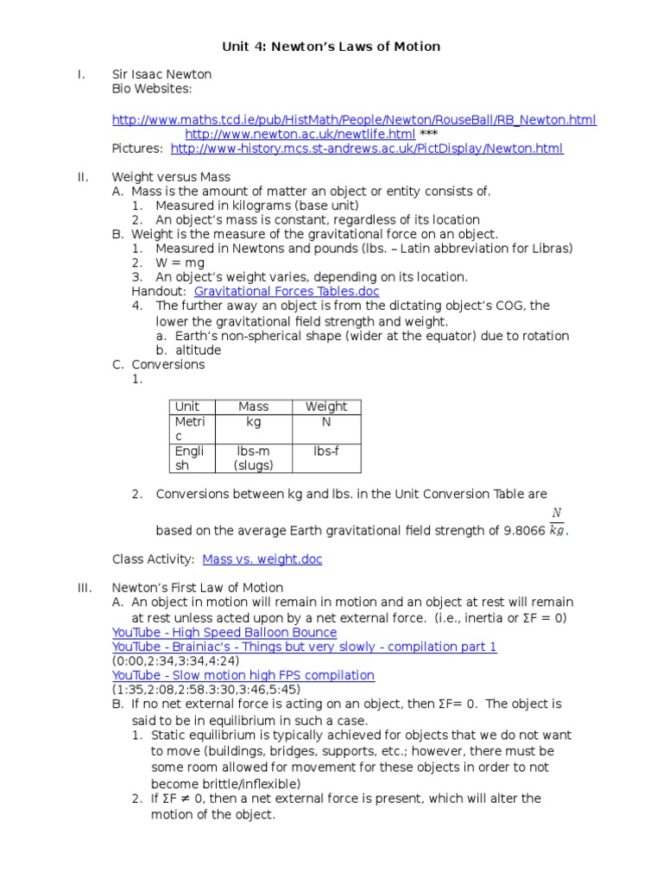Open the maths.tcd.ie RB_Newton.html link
click(x=354, y=120)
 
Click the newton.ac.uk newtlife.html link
click(x=300, y=135)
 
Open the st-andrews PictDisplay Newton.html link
click(x=367, y=148)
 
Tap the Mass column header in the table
click(x=253, y=407)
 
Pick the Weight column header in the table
click(x=326, y=407)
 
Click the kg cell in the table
click(x=253, y=422)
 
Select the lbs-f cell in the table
click(x=326, y=451)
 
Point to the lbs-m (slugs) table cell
click(x=253, y=458)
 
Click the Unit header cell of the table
click(x=187, y=407)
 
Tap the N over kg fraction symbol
click(x=557, y=522)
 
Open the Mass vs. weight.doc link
click(x=262, y=559)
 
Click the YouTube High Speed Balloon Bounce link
click(x=224, y=633)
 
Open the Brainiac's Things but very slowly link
click(x=304, y=647)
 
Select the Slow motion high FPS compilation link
click(x=243, y=675)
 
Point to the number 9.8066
click(x=523, y=530)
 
